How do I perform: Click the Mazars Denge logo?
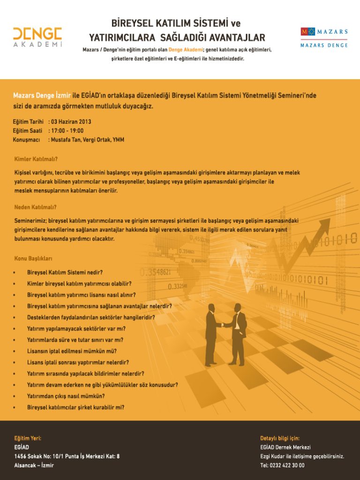point(324,37)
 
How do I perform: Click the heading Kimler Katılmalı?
point(36,159)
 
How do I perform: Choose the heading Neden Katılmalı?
point(35,207)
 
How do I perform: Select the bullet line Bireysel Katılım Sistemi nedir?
point(65,272)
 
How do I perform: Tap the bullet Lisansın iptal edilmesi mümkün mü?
point(72,351)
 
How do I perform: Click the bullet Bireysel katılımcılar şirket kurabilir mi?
point(75,407)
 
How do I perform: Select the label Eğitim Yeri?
point(28,438)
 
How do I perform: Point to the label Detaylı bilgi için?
point(280,438)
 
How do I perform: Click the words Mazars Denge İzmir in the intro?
point(42,96)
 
